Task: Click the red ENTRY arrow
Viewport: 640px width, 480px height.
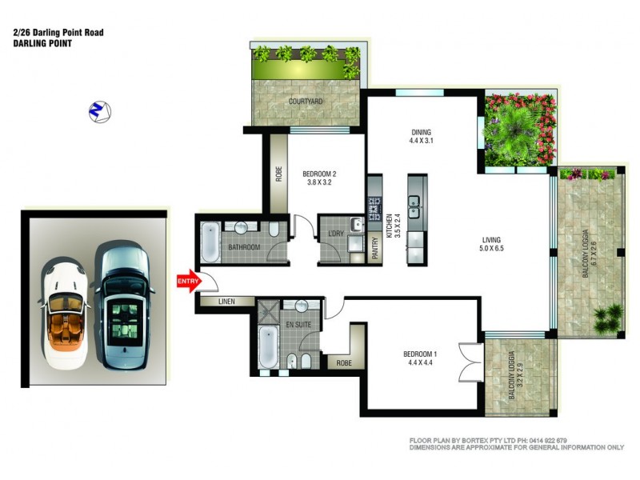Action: (186, 281)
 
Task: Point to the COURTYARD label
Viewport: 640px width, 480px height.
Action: (306, 102)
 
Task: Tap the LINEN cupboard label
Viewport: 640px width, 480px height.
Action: (227, 301)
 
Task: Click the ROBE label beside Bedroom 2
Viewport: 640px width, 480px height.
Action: (278, 174)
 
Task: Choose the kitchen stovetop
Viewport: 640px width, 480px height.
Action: (374, 209)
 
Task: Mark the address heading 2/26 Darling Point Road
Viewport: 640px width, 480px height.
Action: (58, 33)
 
